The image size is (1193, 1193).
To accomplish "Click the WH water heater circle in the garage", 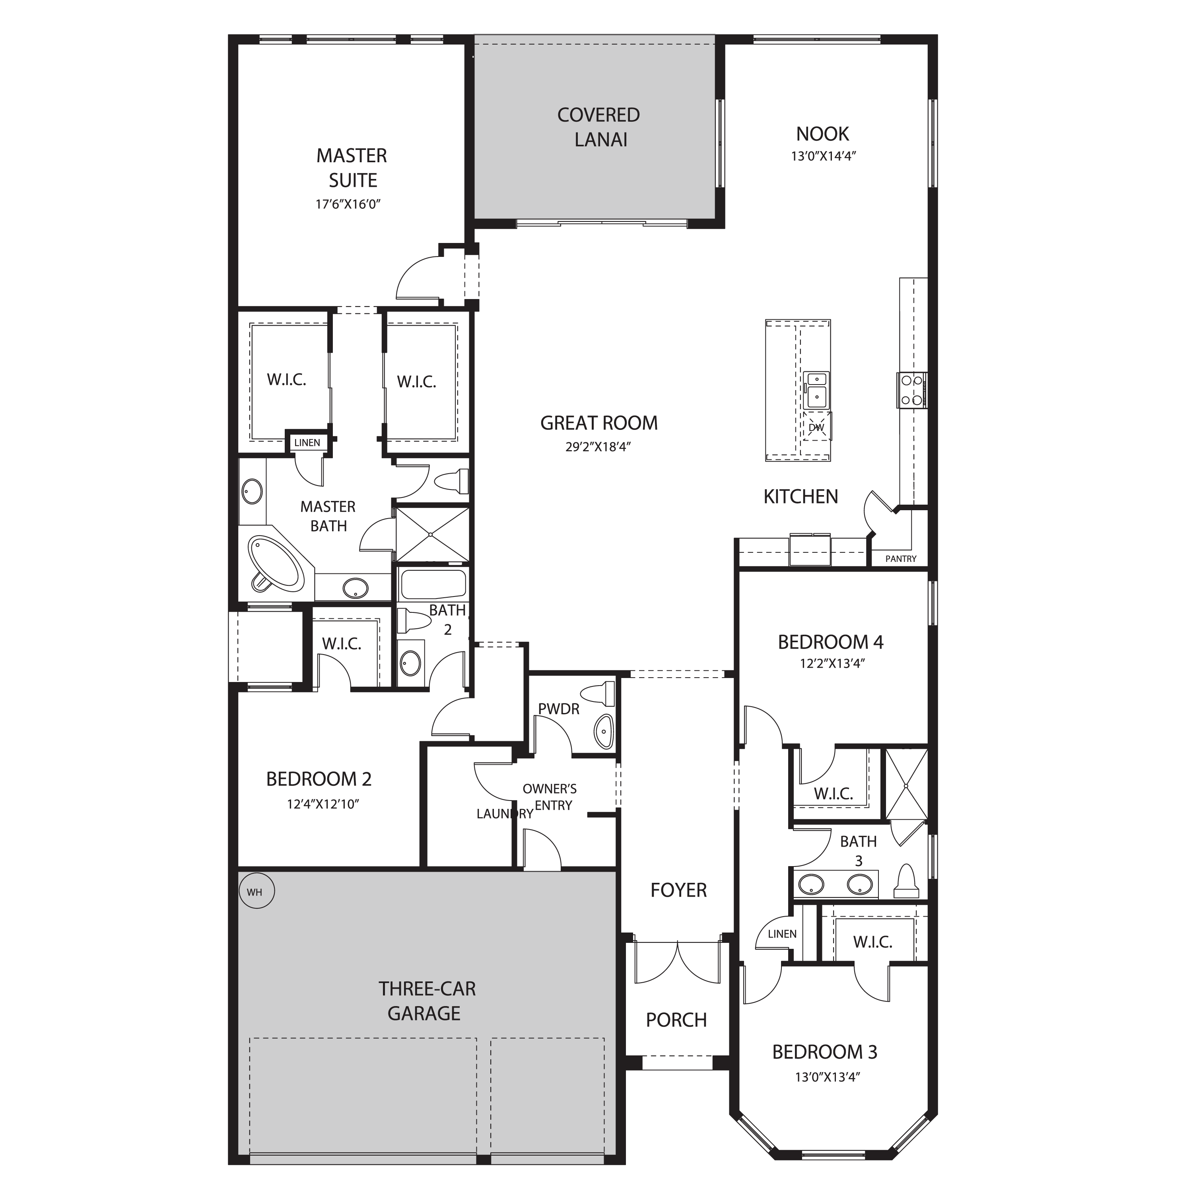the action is tap(256, 892).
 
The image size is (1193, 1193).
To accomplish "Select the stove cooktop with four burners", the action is tap(912, 390).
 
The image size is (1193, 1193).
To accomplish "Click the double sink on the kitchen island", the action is tap(817, 390).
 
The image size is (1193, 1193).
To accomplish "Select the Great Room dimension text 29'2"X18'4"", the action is tap(598, 447).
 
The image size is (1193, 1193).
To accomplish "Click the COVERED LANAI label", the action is tap(599, 127).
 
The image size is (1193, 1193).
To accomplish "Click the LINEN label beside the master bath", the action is tap(307, 443).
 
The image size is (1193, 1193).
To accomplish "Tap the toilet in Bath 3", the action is tap(907, 882).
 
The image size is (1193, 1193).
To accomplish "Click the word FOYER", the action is tap(678, 890).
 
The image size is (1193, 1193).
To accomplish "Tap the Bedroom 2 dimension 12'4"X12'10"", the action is tap(323, 804).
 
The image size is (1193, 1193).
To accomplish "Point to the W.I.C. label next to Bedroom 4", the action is tap(833, 794).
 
